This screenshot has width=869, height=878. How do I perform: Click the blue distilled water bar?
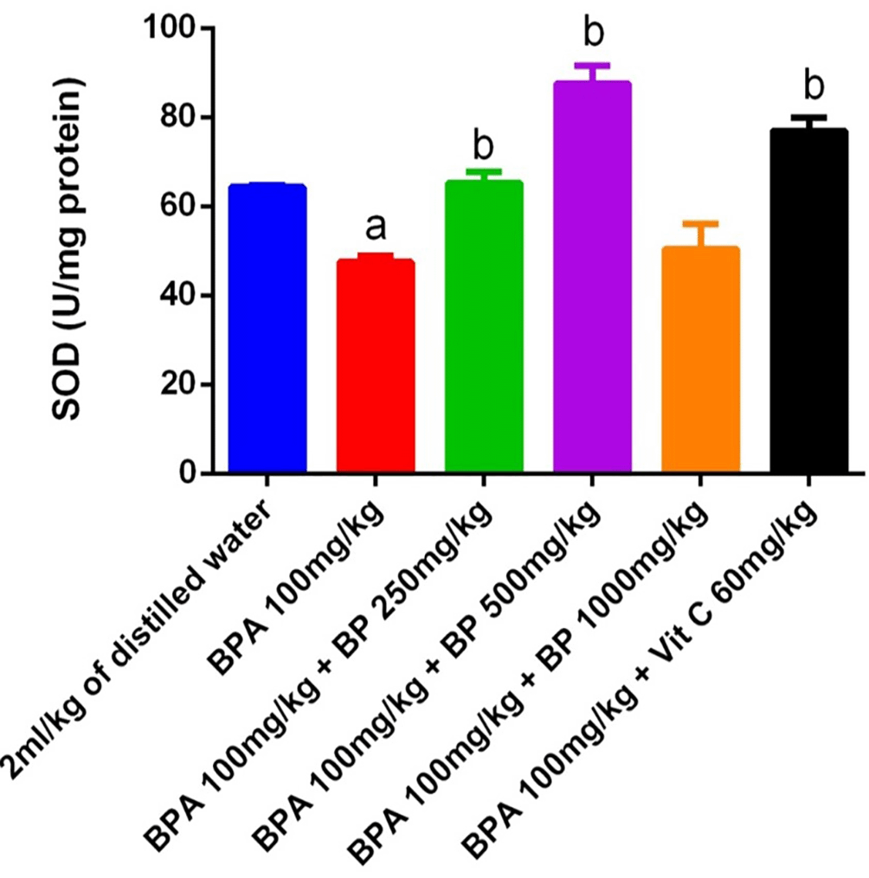[267, 329]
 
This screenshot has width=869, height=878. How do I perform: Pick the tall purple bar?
[592, 277]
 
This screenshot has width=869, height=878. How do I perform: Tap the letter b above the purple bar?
[592, 35]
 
